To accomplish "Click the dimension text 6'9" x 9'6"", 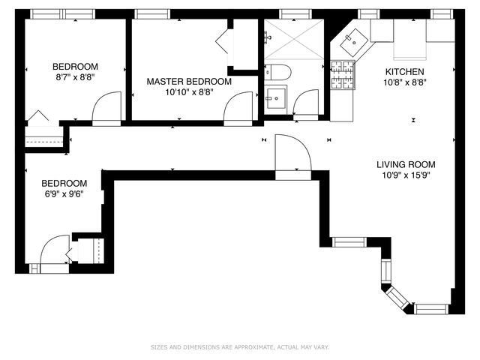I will pos(63,193).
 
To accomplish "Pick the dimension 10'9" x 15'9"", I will pos(406,175).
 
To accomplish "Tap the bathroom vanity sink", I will pos(274,97).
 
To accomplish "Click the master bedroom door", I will pos(239,106).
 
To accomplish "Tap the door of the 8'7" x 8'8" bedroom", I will pos(106,106).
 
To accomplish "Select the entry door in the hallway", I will pos(293,155).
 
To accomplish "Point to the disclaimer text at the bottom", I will pos(239,347).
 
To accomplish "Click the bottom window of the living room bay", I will pos(431,308).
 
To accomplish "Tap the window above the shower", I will pos(291,13).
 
